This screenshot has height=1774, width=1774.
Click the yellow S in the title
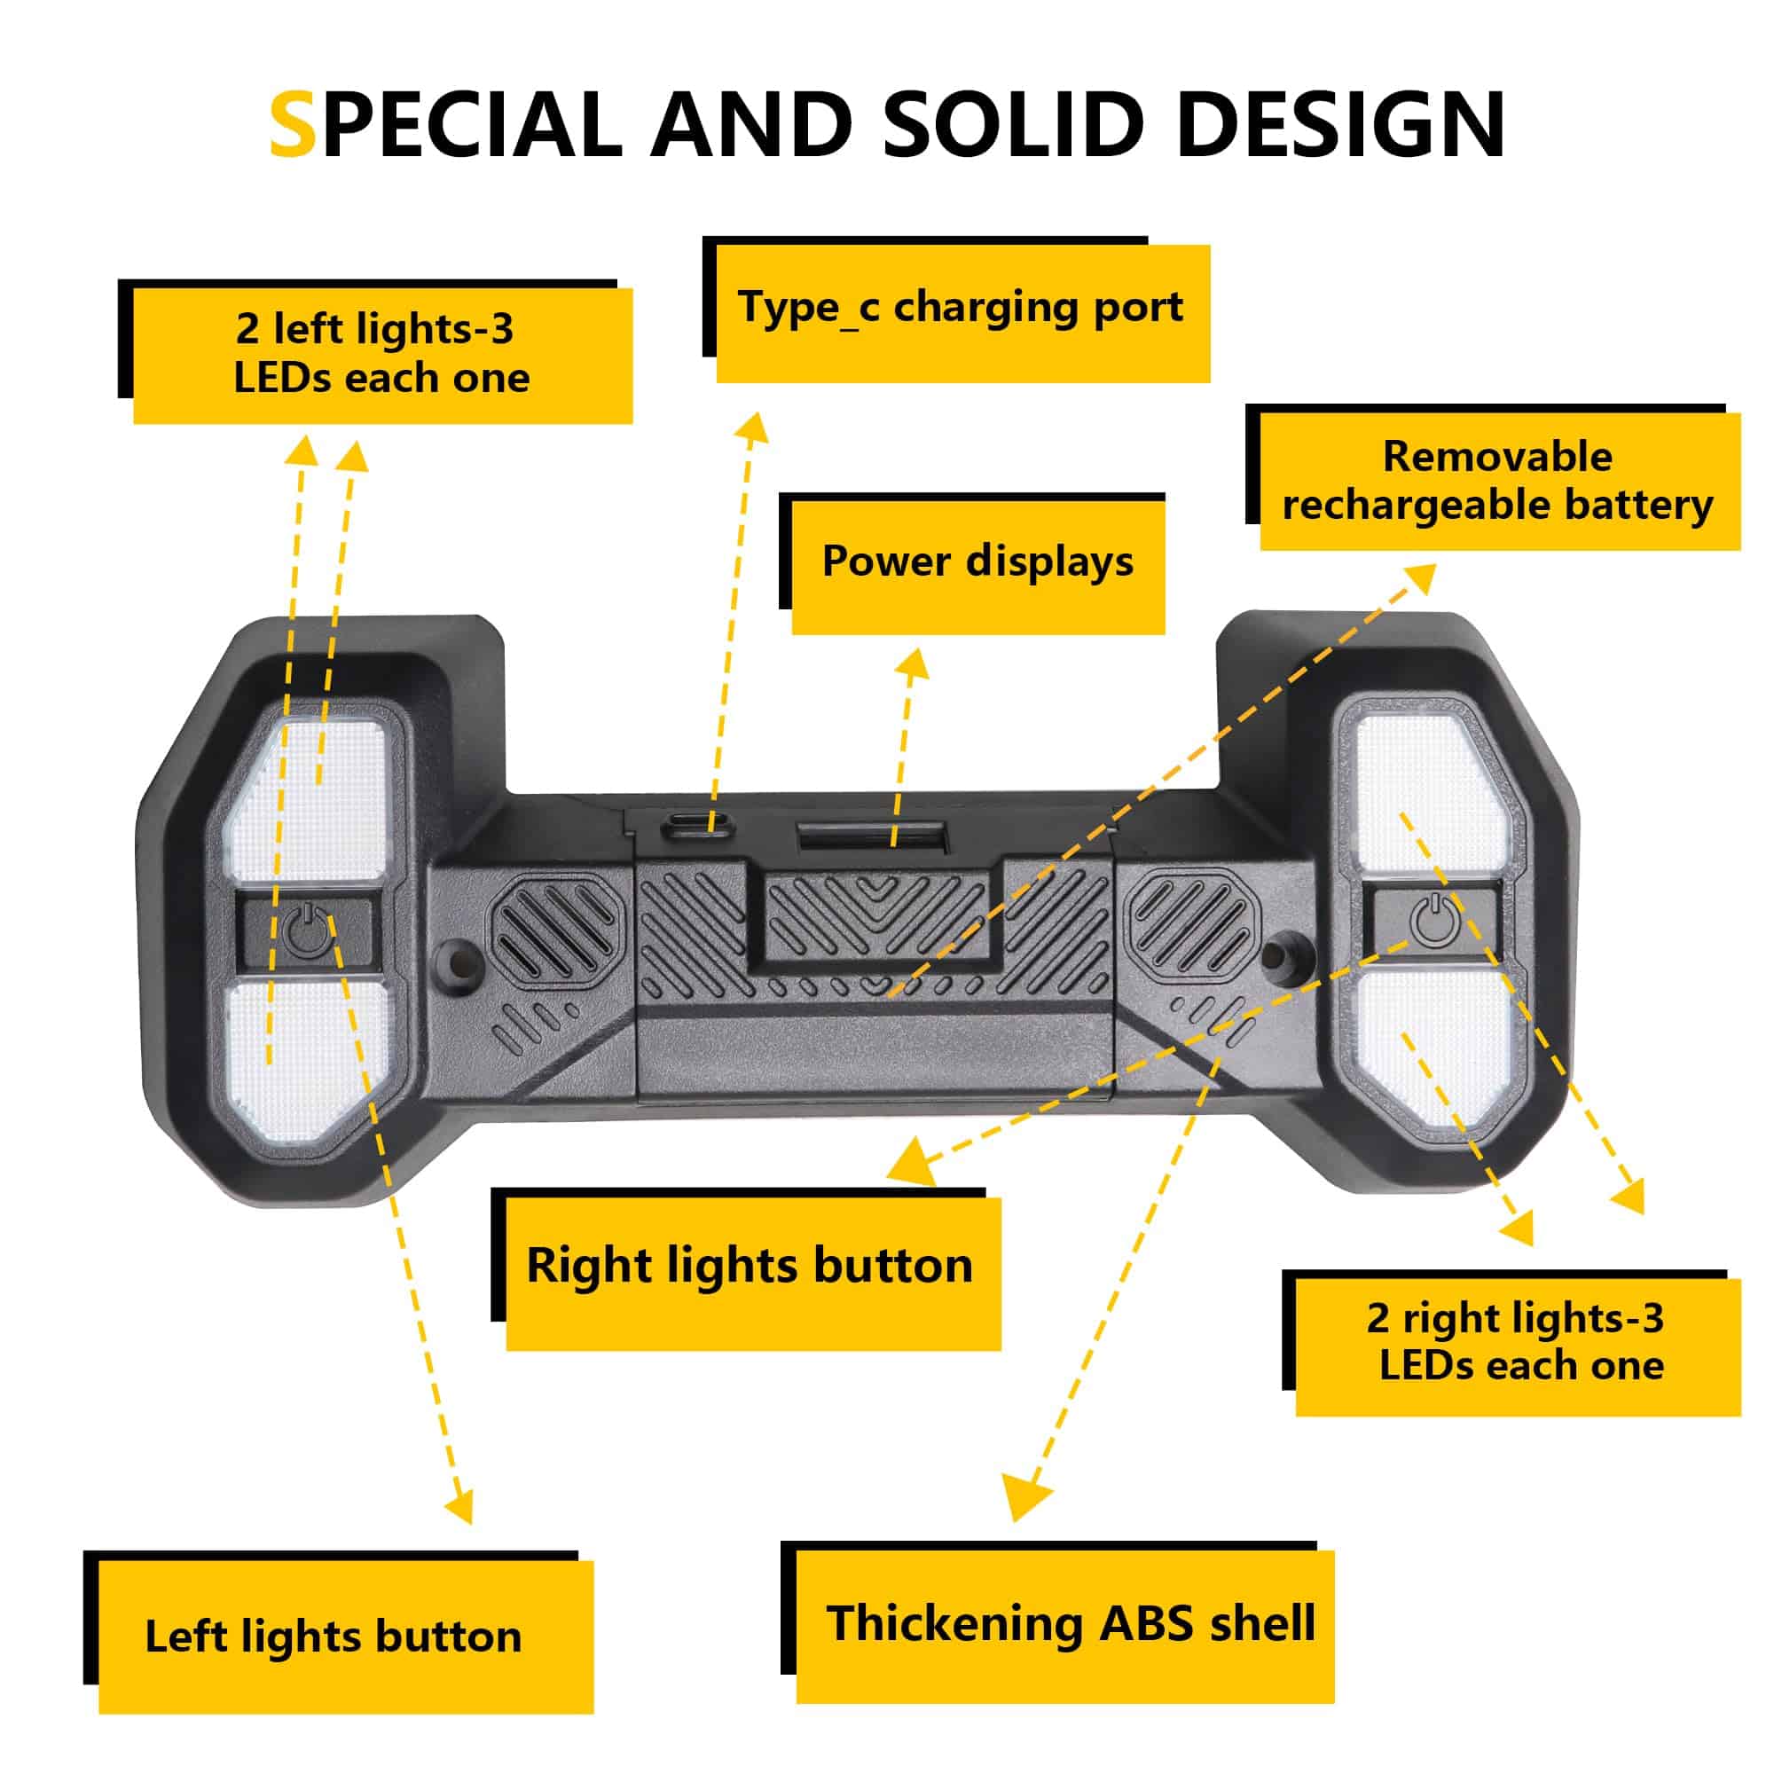click(x=293, y=124)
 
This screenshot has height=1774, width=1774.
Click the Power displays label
click(x=977, y=563)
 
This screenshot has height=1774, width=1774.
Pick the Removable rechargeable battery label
click(x=1497, y=480)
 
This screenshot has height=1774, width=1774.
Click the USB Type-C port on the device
click(x=696, y=823)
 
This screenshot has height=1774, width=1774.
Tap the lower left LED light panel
click(x=308, y=1056)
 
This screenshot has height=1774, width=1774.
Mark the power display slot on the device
click(x=870, y=836)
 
